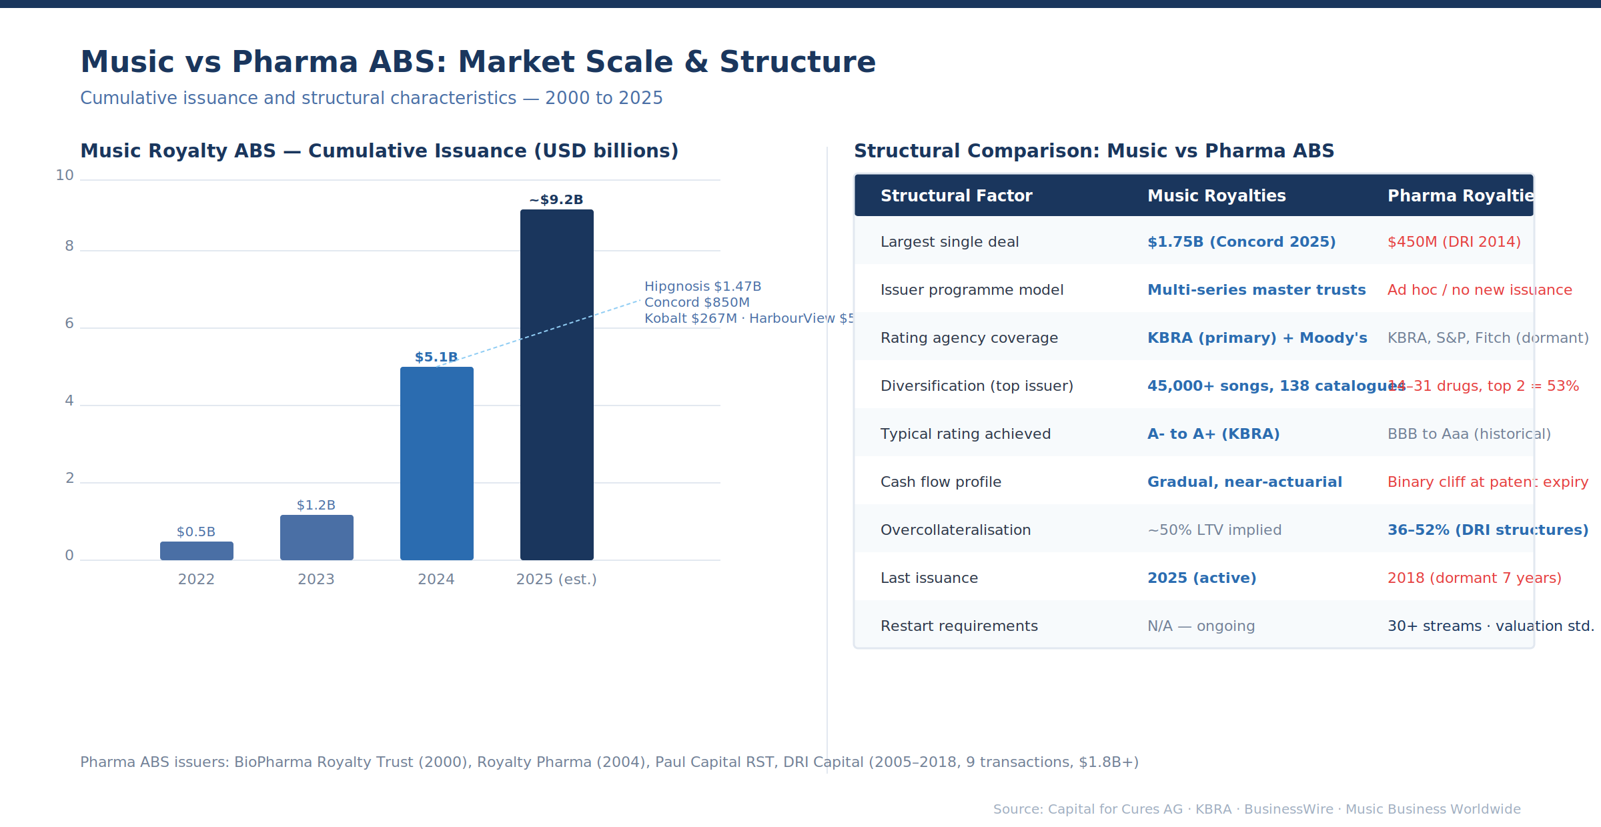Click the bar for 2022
tap(197, 551)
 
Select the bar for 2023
tap(317, 538)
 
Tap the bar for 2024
tap(437, 464)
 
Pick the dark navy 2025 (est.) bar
tap(557, 385)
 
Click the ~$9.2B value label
tap(556, 200)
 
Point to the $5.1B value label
tap(436, 357)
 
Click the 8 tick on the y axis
tap(69, 246)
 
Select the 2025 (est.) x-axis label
tap(556, 580)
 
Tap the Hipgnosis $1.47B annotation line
tap(702, 287)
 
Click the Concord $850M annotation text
tap(697, 303)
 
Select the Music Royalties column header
tap(1216, 196)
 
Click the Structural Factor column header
tap(956, 196)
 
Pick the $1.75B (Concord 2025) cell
tap(1241, 242)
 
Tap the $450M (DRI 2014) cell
tap(1454, 242)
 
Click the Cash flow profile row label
tap(941, 482)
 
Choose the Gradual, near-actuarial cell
tap(1244, 482)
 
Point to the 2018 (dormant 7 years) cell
tap(1474, 578)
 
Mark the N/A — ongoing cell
tap(1201, 626)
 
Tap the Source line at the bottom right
tap(1257, 809)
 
